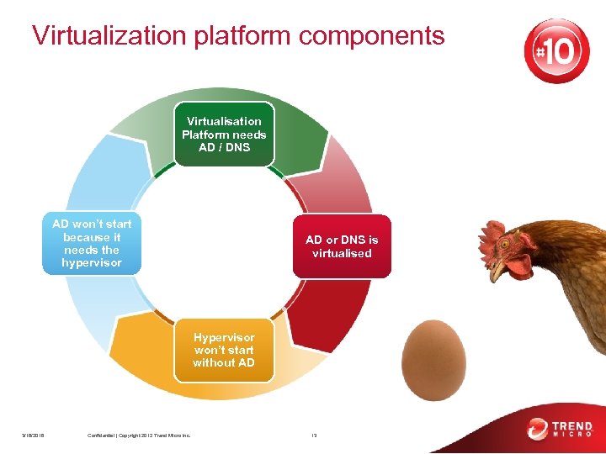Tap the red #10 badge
pyautogui.click(x=556, y=51)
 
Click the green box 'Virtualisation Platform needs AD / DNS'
pyautogui.click(x=224, y=135)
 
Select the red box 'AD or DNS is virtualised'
pyautogui.click(x=341, y=246)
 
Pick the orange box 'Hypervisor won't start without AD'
pyautogui.click(x=224, y=350)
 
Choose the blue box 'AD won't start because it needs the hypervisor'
pyautogui.click(x=93, y=244)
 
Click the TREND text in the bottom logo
pyautogui.click(x=572, y=425)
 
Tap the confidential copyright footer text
pyautogui.click(x=139, y=435)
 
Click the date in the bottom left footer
pyautogui.click(x=34, y=435)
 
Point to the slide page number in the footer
pyautogui.click(x=313, y=435)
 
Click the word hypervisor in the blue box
pyautogui.click(x=92, y=263)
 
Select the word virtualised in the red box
pyautogui.click(x=342, y=253)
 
